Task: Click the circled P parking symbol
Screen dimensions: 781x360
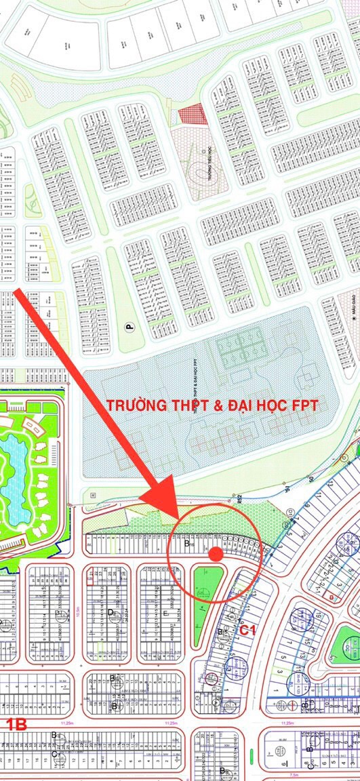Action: click(x=129, y=326)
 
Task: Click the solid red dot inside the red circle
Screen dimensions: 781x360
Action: click(x=216, y=554)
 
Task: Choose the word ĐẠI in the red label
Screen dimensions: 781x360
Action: click(x=238, y=405)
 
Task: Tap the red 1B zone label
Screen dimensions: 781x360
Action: click(x=16, y=724)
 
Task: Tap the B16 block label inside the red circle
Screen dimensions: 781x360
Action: click(x=190, y=544)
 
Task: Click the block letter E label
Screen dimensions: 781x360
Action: click(x=167, y=614)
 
